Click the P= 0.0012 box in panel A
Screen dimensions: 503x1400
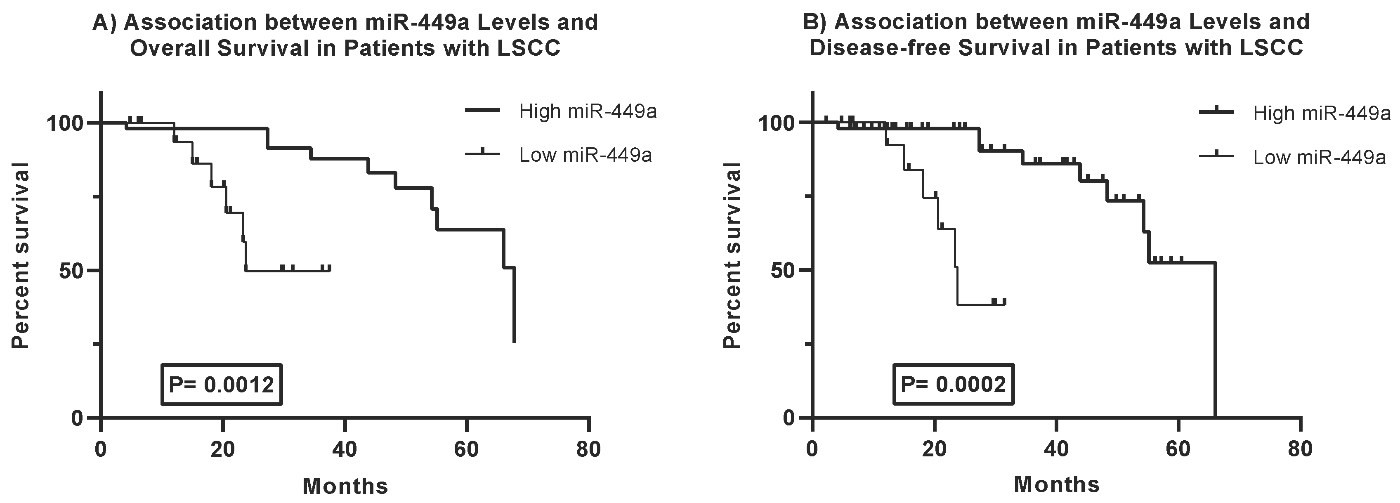[x=221, y=385]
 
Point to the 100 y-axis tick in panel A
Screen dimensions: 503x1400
[x=65, y=123]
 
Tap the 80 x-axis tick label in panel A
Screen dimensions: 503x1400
[x=588, y=450]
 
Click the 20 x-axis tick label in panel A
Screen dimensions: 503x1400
[x=222, y=450]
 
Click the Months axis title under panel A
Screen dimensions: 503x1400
[x=345, y=486]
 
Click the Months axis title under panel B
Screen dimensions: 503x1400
[x=1057, y=484]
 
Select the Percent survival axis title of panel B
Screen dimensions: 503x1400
[x=733, y=255]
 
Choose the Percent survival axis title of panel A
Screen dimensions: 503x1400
[x=21, y=255]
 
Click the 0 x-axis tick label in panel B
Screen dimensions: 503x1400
[x=812, y=450]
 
